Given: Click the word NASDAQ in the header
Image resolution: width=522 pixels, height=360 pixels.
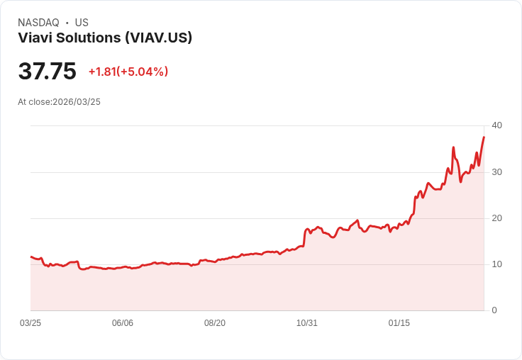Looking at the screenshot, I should click(38, 23).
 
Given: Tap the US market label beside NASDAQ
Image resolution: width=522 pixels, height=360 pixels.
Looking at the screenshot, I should click(82, 23).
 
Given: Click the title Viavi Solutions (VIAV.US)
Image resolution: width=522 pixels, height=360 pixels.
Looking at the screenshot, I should click(105, 38).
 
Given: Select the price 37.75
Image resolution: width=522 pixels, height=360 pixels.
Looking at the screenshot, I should click(47, 72).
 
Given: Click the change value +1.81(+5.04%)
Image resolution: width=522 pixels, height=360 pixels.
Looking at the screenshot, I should click(128, 72).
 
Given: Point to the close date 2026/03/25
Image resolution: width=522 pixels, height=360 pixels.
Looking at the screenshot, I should click(77, 102).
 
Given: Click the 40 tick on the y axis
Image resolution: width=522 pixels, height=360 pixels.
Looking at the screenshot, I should click(496, 125).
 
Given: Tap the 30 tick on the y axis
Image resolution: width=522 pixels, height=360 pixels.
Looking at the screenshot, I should click(496, 172).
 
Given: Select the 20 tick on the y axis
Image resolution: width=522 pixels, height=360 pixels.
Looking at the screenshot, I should click(496, 218).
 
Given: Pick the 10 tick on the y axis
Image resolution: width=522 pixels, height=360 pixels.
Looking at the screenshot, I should click(496, 264).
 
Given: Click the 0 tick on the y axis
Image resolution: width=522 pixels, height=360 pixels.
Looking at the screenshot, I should click(494, 310).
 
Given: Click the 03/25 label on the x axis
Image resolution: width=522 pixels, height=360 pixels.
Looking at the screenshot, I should click(30, 323).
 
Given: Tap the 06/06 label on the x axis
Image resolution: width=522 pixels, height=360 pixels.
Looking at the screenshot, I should click(123, 323).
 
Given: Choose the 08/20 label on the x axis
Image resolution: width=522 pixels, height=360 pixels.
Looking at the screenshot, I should click(215, 323).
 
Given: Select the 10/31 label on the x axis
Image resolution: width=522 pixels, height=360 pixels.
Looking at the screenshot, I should click(307, 323).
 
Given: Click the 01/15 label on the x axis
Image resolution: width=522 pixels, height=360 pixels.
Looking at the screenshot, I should click(399, 323).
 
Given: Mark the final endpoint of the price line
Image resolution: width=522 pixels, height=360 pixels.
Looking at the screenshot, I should click(484, 137).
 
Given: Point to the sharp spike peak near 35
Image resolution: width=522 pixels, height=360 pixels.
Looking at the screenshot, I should click(453, 147).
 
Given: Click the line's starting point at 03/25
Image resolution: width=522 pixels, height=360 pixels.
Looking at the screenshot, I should click(31, 257).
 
